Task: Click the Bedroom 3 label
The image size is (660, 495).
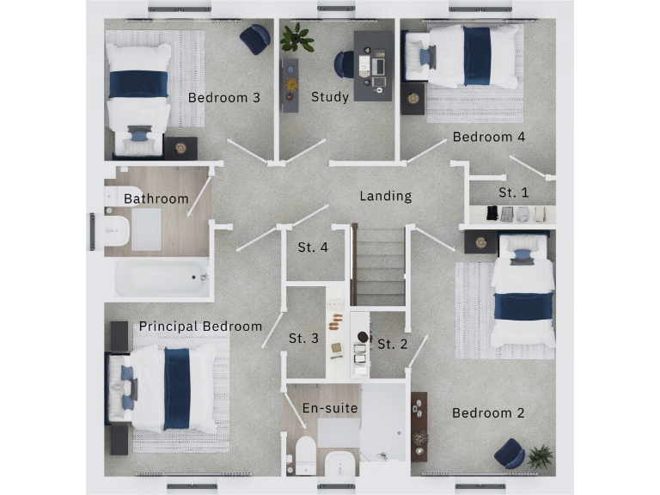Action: pyautogui.click(x=223, y=97)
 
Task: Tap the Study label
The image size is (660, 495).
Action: pyautogui.click(x=330, y=96)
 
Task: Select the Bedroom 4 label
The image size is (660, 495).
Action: pyautogui.click(x=489, y=137)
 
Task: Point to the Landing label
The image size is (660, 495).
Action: pyautogui.click(x=385, y=196)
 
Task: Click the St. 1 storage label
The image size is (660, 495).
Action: pyautogui.click(x=514, y=192)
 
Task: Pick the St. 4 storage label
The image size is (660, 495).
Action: pyautogui.click(x=313, y=247)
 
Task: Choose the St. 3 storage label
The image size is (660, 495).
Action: pyautogui.click(x=303, y=338)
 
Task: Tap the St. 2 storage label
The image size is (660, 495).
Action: pyautogui.click(x=393, y=344)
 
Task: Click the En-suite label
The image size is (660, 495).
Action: pyautogui.click(x=330, y=407)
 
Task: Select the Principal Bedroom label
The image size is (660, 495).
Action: pyautogui.click(x=200, y=326)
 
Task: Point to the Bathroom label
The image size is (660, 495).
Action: pyautogui.click(x=156, y=199)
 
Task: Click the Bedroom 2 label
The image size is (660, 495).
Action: pyautogui.click(x=488, y=412)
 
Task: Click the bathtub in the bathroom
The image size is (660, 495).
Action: pyautogui.click(x=163, y=278)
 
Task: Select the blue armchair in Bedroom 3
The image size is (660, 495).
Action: pyautogui.click(x=254, y=39)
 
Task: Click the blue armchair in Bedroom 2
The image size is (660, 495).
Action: pyautogui.click(x=509, y=453)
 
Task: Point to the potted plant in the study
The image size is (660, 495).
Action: pyautogui.click(x=296, y=38)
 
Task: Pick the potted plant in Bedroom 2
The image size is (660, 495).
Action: pyautogui.click(x=541, y=455)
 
